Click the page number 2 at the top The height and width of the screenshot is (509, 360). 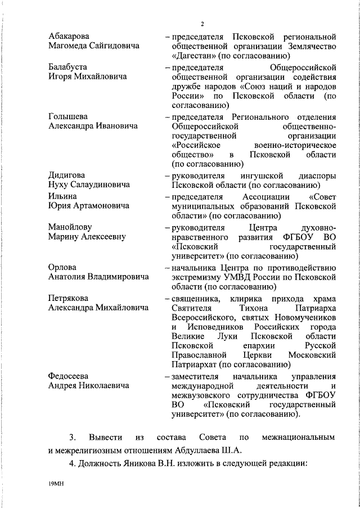[x=200, y=23]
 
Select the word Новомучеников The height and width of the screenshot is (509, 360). [x=304, y=318]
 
